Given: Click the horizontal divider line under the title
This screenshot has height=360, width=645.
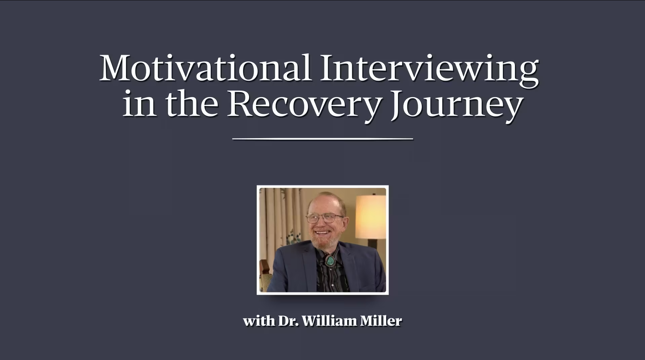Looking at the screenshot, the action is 323,138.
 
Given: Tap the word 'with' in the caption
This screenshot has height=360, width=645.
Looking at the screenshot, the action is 258,321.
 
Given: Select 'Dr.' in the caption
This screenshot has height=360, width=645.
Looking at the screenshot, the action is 288,321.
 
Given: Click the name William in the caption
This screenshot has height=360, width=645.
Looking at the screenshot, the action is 330,321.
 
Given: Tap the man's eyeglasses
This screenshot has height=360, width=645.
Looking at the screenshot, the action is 325,218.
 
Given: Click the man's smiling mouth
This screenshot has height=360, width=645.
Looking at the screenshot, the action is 322,232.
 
